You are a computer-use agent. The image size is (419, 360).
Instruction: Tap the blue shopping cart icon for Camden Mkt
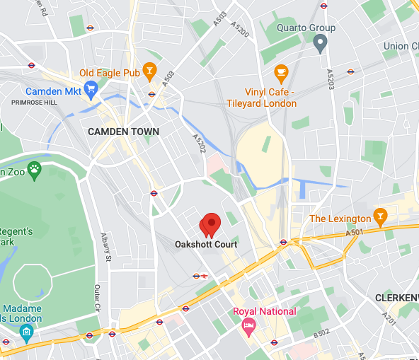(90, 88)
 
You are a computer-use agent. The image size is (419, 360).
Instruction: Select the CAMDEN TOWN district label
(123, 132)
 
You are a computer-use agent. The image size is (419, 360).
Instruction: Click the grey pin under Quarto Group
(319, 44)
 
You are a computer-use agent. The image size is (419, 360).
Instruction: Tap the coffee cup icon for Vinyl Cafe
(281, 71)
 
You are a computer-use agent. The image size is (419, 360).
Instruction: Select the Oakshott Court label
(206, 244)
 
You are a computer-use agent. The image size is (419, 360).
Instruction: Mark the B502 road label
(322, 332)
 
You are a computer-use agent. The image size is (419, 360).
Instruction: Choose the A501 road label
(355, 232)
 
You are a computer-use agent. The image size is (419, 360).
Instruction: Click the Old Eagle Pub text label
(109, 72)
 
